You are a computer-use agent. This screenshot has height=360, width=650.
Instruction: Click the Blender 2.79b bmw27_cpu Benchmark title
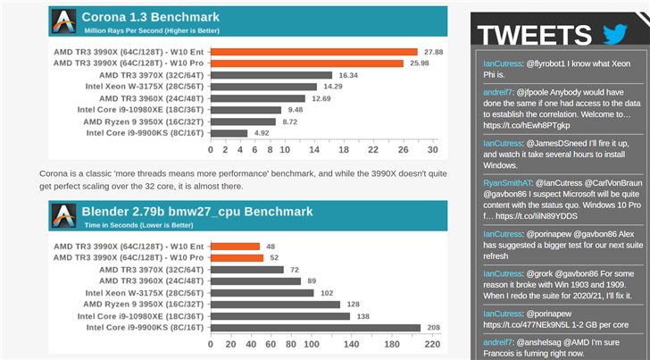(196, 212)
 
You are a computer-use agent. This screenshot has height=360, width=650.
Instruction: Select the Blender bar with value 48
(233, 247)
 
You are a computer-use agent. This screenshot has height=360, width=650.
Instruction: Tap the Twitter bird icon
(615, 35)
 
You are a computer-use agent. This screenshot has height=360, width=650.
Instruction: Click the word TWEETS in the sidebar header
(539, 35)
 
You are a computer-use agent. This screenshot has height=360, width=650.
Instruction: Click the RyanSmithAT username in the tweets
(509, 182)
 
